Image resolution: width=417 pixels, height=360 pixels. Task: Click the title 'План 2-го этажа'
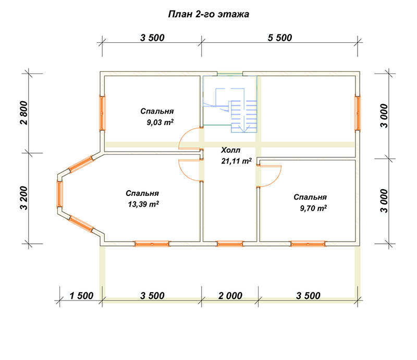pyautogui.click(x=208, y=14)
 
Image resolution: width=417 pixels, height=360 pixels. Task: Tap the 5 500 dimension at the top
pyautogui.click(x=280, y=38)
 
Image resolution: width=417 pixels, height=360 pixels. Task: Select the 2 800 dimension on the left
pyautogui.click(x=23, y=113)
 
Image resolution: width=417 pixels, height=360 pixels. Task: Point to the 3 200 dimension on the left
pyautogui.click(x=23, y=198)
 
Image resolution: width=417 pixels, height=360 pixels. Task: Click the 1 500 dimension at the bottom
pyautogui.click(x=81, y=295)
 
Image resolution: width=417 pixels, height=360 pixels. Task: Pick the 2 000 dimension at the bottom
pyautogui.click(x=230, y=295)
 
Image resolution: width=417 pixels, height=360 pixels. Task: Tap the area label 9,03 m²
pyautogui.click(x=160, y=122)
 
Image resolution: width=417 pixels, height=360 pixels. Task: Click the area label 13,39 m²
pyautogui.click(x=143, y=204)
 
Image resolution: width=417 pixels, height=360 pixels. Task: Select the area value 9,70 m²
pyautogui.click(x=313, y=208)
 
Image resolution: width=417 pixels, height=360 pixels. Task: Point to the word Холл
pyautogui.click(x=230, y=150)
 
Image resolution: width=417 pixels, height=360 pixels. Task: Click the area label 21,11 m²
pyautogui.click(x=237, y=161)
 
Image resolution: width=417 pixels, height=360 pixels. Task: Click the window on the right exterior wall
pyautogui.click(x=358, y=113)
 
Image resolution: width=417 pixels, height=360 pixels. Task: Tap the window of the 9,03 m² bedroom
pyautogui.click(x=102, y=113)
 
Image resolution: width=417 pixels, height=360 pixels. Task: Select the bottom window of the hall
pyautogui.click(x=230, y=244)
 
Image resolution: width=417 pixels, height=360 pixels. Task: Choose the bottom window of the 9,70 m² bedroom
pyautogui.click(x=308, y=244)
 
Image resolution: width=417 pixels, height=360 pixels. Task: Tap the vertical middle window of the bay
pyautogui.click(x=59, y=194)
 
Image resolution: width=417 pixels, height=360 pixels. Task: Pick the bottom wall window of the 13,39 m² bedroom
pyautogui.click(x=152, y=244)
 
